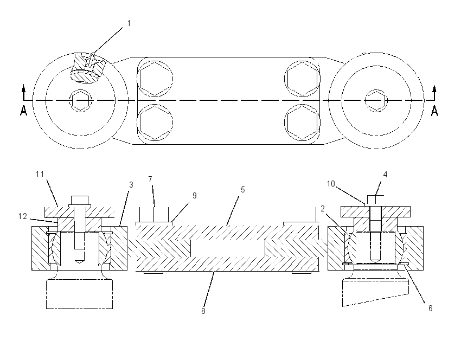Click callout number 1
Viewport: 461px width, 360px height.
(129, 23)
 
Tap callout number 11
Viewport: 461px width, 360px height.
(40, 174)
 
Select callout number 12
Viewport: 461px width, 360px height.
(23, 216)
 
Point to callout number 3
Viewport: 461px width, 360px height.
(131, 184)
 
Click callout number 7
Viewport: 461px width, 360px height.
(150, 179)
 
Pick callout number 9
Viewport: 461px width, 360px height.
(195, 195)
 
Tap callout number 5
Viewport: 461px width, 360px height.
(242, 190)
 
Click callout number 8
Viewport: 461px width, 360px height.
(203, 311)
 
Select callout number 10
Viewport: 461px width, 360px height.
(331, 184)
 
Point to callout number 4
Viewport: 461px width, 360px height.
(385, 175)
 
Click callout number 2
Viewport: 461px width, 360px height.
(323, 209)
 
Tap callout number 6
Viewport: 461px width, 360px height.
(431, 308)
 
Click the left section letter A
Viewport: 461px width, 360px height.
(23, 111)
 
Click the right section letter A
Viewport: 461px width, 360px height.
(434, 111)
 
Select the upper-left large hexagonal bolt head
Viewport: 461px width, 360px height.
(155, 79)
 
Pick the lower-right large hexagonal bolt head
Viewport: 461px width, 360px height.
(302, 122)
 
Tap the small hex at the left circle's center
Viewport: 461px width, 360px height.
(81, 100)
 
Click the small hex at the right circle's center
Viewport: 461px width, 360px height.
(376, 100)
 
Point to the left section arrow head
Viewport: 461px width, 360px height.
(23, 88)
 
